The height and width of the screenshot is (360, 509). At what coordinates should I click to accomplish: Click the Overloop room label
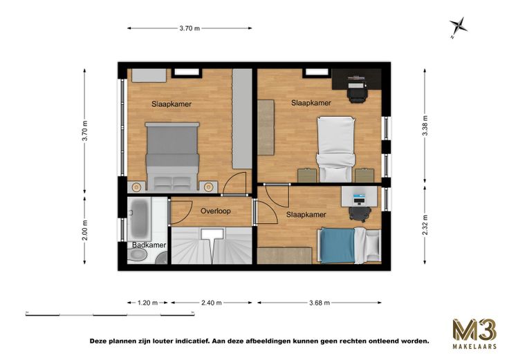tap(216, 211)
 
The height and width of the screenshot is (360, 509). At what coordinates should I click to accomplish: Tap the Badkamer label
tap(149, 245)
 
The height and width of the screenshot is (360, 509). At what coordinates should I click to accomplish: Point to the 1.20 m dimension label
tap(148, 303)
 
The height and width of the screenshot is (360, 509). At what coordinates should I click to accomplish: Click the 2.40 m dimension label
tap(212, 303)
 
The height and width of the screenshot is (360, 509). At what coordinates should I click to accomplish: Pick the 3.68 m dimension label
tap(320, 303)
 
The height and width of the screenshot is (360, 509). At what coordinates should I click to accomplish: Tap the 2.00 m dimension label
tap(85, 230)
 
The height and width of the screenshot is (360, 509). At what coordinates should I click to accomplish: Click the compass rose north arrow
tap(458, 26)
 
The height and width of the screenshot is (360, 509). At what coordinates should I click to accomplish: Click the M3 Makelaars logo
tap(474, 334)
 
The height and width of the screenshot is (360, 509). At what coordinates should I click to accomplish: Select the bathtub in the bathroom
tap(139, 219)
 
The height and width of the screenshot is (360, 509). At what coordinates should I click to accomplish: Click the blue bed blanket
tap(337, 245)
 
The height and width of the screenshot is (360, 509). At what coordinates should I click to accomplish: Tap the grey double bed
tap(172, 156)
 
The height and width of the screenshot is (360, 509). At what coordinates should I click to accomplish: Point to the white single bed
tap(335, 149)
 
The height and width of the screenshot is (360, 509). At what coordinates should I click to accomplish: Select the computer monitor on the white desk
tap(359, 196)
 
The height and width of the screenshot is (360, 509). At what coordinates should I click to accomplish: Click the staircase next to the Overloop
tap(212, 245)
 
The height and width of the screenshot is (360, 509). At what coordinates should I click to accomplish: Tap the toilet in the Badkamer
tap(137, 256)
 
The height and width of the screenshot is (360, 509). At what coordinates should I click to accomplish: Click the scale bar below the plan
tap(110, 314)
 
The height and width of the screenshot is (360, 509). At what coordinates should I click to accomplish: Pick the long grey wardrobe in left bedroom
tap(242, 118)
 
